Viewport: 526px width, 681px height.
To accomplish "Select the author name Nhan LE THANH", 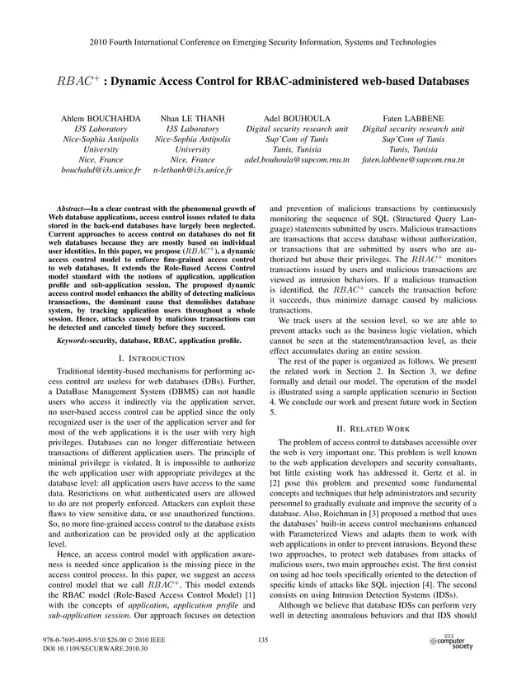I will click(193, 119).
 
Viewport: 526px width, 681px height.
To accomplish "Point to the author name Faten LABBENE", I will click(413, 119).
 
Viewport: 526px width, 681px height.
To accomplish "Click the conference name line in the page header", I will click(263, 40).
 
